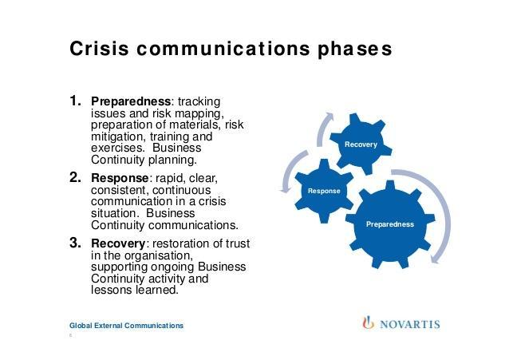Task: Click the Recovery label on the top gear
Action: (x=361, y=144)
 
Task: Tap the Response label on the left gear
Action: (x=324, y=191)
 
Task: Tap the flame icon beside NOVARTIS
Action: (x=368, y=323)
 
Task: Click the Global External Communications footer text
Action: (x=126, y=326)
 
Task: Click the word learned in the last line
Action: (x=157, y=291)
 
